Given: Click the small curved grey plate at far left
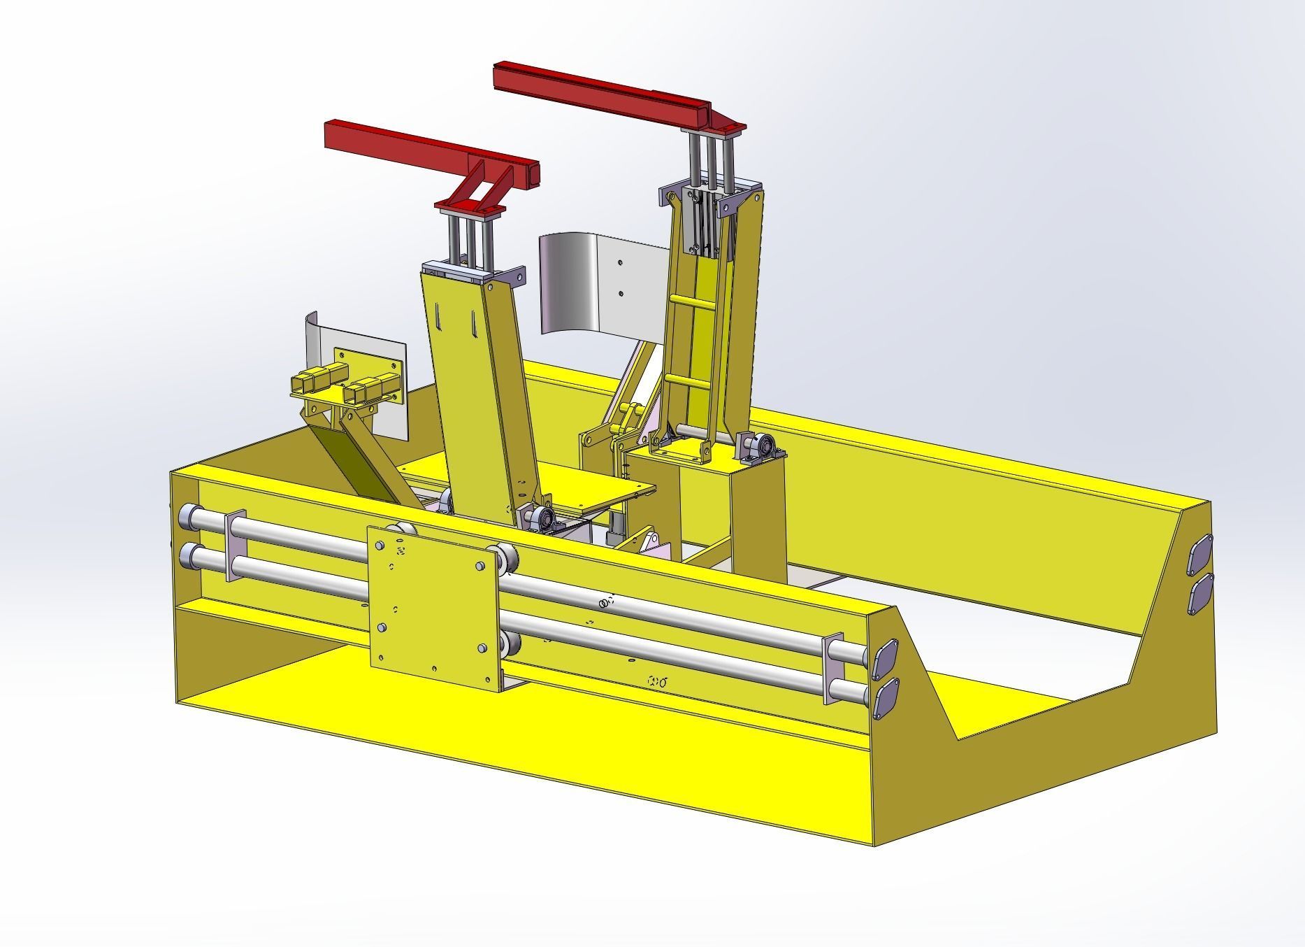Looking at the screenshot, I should click(314, 343).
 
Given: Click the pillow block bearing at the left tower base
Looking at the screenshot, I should click(542, 518).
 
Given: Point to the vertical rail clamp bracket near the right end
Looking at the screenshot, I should click(834, 669).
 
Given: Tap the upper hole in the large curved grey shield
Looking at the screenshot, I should click(621, 263).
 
